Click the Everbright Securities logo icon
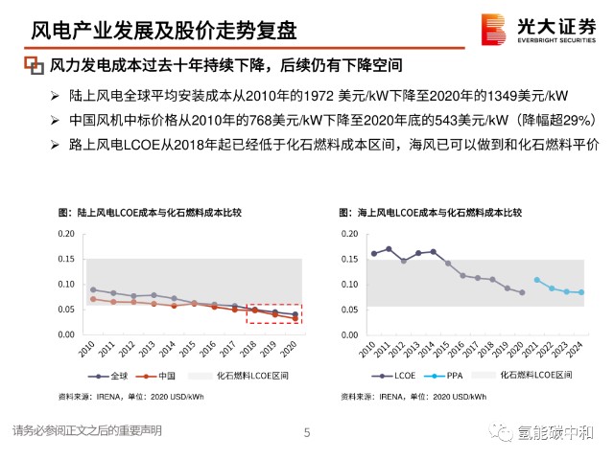493,30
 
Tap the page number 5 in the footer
307,432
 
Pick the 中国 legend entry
155,376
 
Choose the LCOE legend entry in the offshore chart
393,376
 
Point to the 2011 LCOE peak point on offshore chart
389,249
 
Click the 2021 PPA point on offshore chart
537,280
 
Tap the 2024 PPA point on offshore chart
581,292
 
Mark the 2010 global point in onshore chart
93,289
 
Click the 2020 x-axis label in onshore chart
288,348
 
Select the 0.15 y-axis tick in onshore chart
66,259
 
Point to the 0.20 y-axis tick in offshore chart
349,234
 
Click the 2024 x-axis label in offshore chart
575,349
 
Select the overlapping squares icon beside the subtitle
35,65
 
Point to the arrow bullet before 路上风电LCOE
55,145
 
